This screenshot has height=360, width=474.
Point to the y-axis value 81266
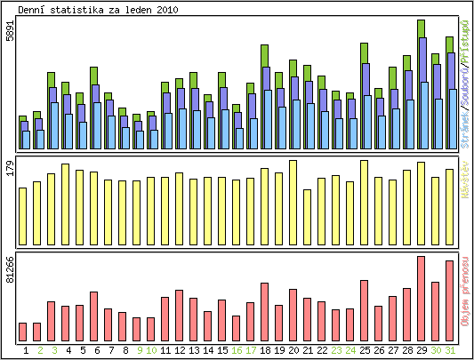tap(10, 269)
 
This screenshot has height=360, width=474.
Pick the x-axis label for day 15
tap(222, 350)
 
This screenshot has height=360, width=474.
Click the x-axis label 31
tap(450, 350)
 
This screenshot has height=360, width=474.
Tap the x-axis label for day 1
tap(26, 350)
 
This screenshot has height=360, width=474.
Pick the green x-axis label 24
tap(350, 350)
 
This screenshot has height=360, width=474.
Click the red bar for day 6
tap(93, 316)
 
